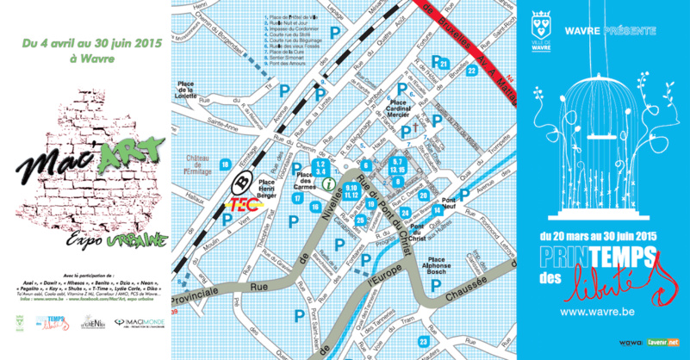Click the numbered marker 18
pyautogui.click(x=225, y=164)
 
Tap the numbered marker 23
pyautogui.click(x=423, y=342)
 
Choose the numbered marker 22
pyautogui.click(x=471, y=70)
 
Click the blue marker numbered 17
pyautogui.click(x=297, y=199)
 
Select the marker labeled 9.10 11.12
pyautogui.click(x=351, y=190)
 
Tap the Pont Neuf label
pyautogui.click(x=449, y=207)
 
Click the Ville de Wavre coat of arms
pyautogui.click(x=540, y=20)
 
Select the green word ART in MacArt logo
pyautogui.click(x=133, y=153)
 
